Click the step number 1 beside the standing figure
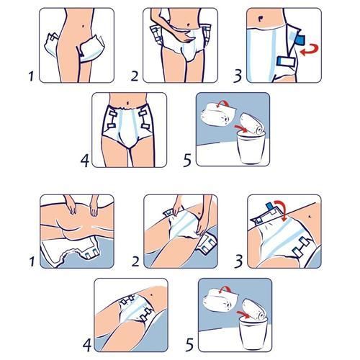pyautogui.click(x=31, y=76)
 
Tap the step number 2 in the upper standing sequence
pyautogui.click(x=135, y=76)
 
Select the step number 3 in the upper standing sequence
pyautogui.click(x=238, y=76)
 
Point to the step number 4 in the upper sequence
pyautogui.click(x=85, y=161)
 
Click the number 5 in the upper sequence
pyautogui.click(x=187, y=161)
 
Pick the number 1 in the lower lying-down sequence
pyautogui.click(x=32, y=261)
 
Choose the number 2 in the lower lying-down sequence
pyautogui.click(x=135, y=261)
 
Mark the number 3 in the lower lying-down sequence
pyautogui.click(x=238, y=261)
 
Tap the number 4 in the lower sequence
pyautogui.click(x=87, y=346)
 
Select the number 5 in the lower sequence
pyautogui.click(x=189, y=345)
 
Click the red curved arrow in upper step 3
pyautogui.click(x=310, y=50)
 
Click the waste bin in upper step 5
pyautogui.click(x=251, y=148)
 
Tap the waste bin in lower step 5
pyautogui.click(x=253, y=333)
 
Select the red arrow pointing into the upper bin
pyautogui.click(x=240, y=128)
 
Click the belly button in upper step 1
pyautogui.click(x=83, y=26)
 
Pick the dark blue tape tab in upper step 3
pyautogui.click(x=300, y=40)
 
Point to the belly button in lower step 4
pyautogui.click(x=151, y=294)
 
